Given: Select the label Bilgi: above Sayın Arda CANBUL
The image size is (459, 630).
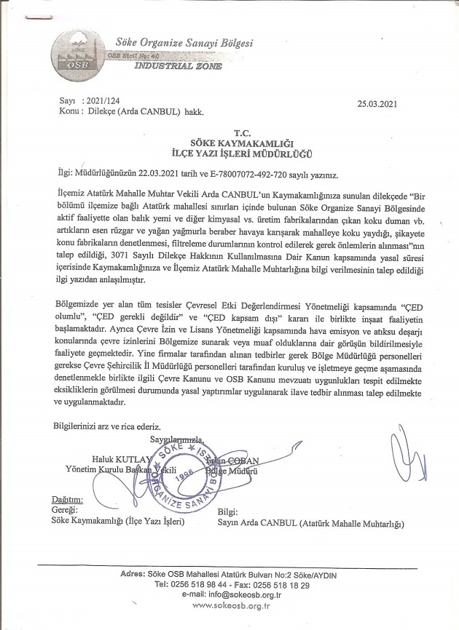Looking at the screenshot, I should point(229,512).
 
